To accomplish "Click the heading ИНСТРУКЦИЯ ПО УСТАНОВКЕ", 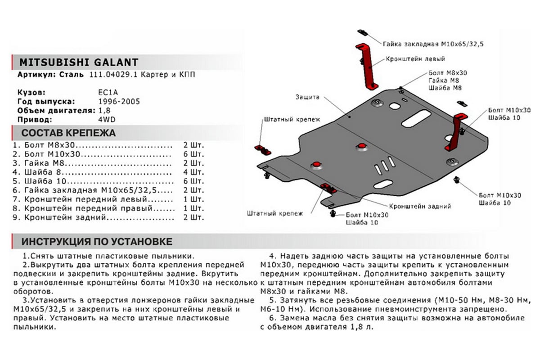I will tap(96, 242).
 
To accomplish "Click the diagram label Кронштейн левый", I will tap(415, 59).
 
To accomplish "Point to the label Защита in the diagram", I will tap(307, 97).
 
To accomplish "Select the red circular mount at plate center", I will tap(361, 146).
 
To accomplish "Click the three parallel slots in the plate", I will tap(382, 167).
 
